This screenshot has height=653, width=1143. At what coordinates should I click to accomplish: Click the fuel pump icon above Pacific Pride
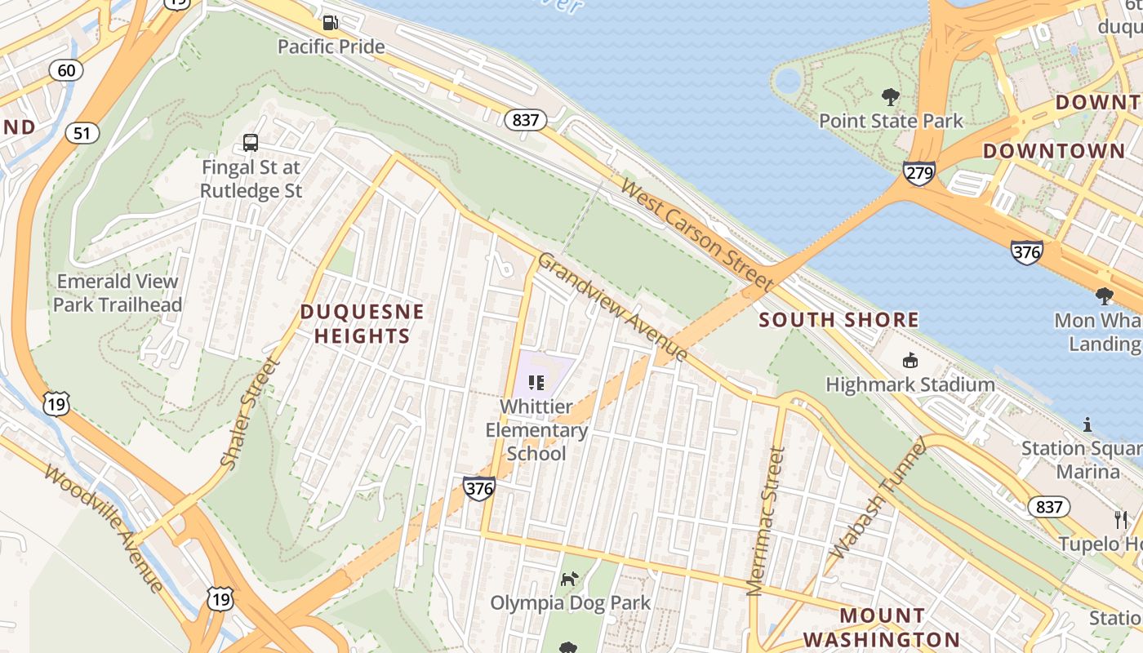pyautogui.click(x=331, y=23)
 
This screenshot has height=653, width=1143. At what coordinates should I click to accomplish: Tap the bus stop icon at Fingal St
pyautogui.click(x=251, y=143)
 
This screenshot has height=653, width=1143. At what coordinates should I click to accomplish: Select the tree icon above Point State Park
pyautogui.click(x=891, y=97)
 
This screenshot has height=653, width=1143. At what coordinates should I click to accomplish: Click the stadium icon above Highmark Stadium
pyautogui.click(x=910, y=360)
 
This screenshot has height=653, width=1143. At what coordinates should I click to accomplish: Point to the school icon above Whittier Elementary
pyautogui.click(x=536, y=381)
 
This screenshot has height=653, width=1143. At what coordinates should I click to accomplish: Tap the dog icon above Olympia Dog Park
pyautogui.click(x=569, y=579)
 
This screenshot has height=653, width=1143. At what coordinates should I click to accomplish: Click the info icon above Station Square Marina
pyautogui.click(x=1087, y=424)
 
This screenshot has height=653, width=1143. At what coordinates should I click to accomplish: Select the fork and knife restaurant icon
pyautogui.click(x=1121, y=519)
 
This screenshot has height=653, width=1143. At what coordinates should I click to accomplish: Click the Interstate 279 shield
pyautogui.click(x=919, y=173)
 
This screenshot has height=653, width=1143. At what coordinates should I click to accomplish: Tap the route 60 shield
pyautogui.click(x=66, y=70)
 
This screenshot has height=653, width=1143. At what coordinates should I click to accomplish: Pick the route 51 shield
pyautogui.click(x=82, y=132)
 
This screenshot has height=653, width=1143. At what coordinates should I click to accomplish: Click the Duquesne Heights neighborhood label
pyautogui.click(x=362, y=324)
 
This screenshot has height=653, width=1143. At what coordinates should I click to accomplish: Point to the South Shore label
pyautogui.click(x=839, y=320)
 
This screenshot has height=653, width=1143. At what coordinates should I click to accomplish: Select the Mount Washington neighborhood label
pyautogui.click(x=882, y=627)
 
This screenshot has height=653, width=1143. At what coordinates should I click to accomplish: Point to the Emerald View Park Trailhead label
pyautogui.click(x=117, y=293)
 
